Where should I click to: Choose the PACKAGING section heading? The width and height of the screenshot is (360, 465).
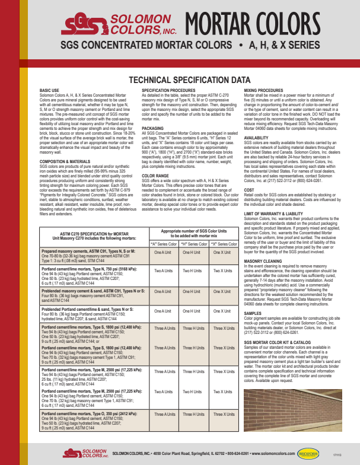[x=153, y=128]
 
